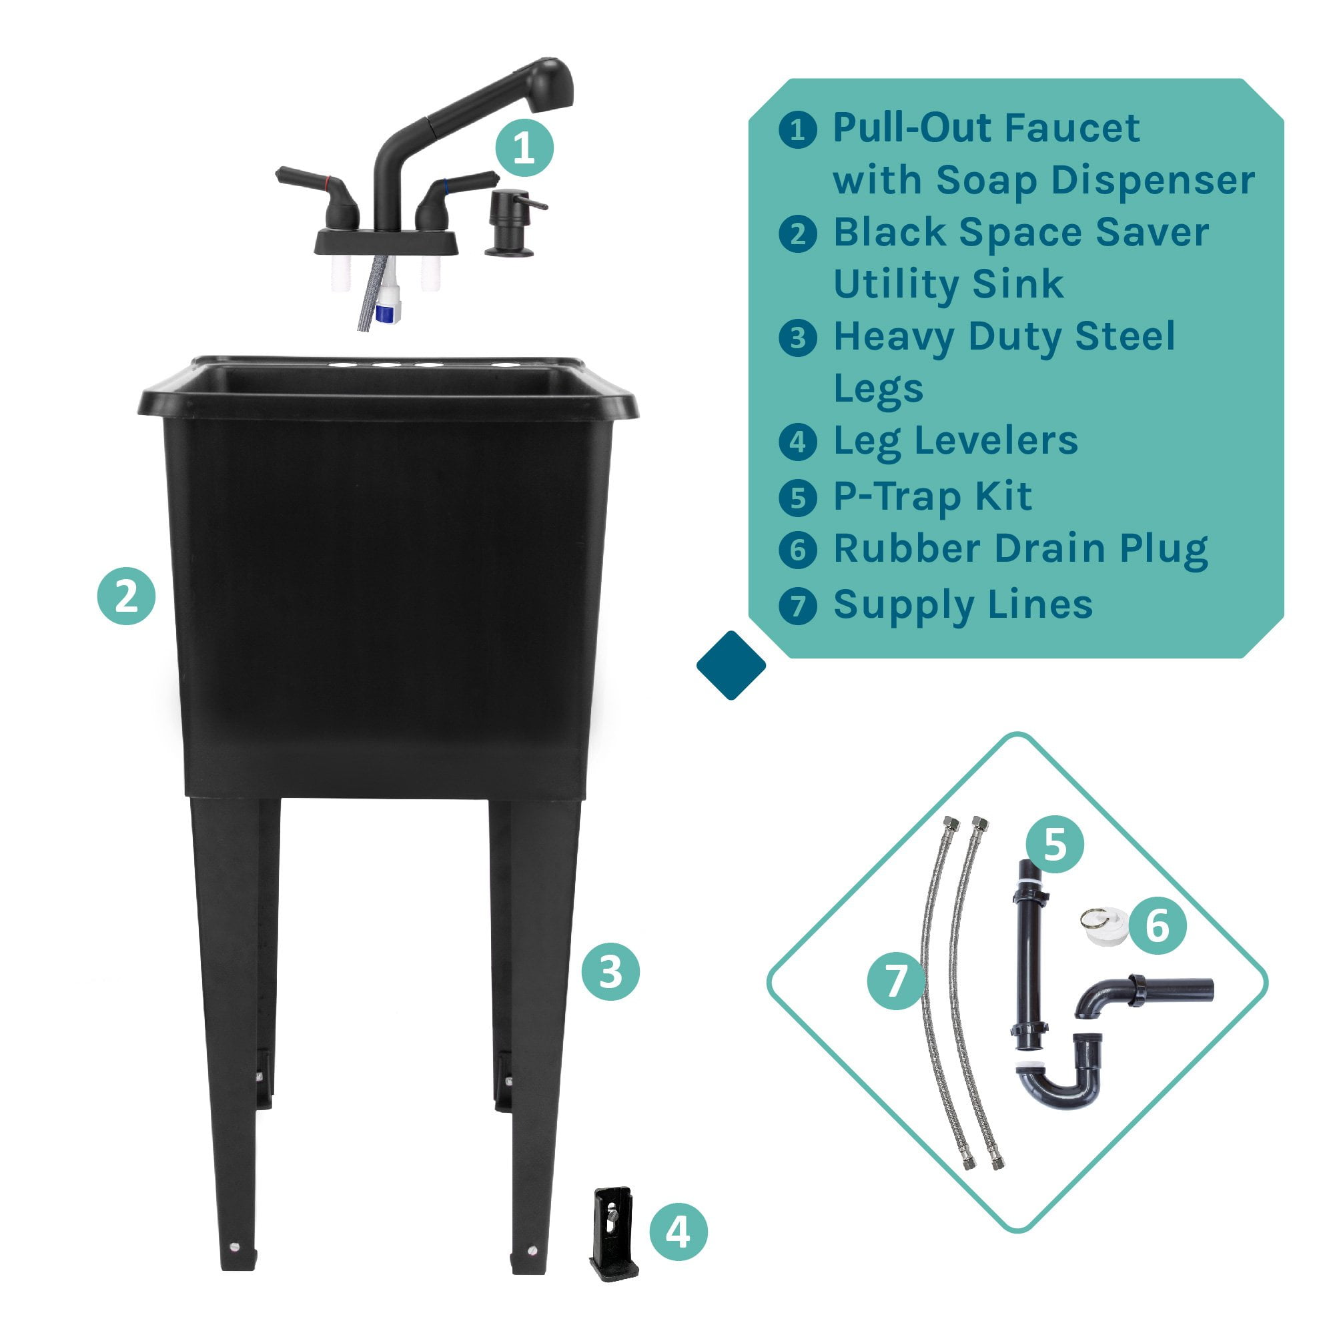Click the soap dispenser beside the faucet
click(512, 223)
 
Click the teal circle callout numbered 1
click(524, 148)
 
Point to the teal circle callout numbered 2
click(127, 596)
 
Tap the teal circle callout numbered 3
click(610, 972)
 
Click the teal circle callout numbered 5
click(1054, 845)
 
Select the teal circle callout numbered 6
click(1158, 925)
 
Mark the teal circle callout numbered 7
click(896, 980)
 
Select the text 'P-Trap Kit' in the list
click(933, 496)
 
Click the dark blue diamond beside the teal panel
click(731, 664)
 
